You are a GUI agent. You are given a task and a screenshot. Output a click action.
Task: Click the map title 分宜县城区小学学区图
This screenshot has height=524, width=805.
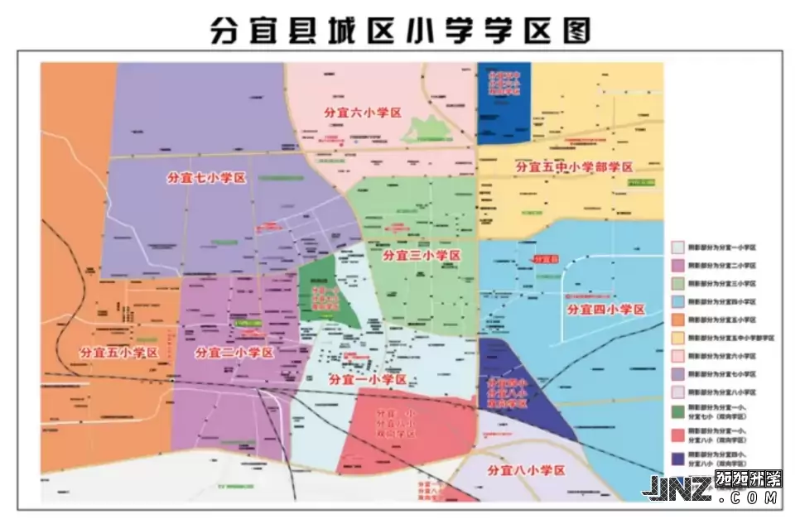402,31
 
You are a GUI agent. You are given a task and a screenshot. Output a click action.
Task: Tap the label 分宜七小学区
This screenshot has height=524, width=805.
207,178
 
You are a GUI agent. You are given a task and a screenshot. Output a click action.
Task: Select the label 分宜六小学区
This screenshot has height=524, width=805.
362,113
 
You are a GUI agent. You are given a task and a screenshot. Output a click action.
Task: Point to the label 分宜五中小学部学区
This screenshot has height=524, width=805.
574,167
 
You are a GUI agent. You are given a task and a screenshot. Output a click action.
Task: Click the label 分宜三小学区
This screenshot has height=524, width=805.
421,256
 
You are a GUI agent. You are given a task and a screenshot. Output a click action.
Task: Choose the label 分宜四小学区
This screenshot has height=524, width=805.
605,310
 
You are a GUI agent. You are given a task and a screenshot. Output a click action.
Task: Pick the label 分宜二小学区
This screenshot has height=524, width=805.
234,352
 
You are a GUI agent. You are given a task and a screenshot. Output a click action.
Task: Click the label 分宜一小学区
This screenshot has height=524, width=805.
368,379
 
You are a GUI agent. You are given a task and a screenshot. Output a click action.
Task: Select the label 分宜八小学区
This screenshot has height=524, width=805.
527,470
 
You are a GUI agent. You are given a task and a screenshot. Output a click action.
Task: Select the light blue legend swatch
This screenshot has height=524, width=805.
677,301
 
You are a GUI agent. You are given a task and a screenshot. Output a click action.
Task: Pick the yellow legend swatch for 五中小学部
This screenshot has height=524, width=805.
677,338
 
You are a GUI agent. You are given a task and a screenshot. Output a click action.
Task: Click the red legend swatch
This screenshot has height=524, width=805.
677,434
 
